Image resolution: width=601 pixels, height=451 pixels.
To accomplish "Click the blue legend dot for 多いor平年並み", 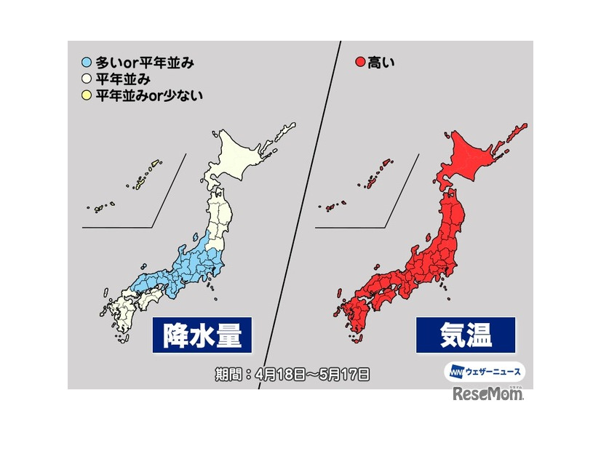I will [87, 63].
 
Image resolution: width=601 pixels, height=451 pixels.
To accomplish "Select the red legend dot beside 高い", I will [359, 63].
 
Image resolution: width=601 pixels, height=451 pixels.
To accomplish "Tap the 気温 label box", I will [466, 335].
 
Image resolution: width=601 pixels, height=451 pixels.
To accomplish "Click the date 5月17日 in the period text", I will [342, 375].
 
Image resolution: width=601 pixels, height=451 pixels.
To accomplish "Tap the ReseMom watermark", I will [487, 394].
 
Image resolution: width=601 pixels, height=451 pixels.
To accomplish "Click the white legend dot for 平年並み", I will [87, 79].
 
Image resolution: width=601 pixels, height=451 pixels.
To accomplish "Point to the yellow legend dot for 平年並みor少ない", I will [87, 95].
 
